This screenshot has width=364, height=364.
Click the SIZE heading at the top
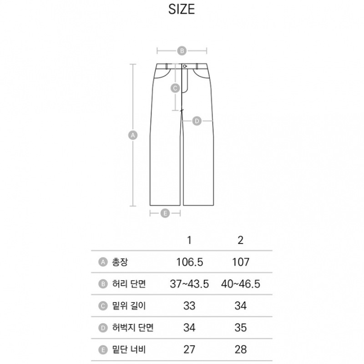click(x=182, y=10)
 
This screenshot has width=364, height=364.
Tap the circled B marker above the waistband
click(x=182, y=51)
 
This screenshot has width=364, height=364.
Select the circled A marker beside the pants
click(x=133, y=135)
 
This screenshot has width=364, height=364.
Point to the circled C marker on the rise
click(x=175, y=88)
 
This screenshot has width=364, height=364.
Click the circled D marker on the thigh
click(x=197, y=121)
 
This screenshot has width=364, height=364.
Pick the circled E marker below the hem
click(x=165, y=213)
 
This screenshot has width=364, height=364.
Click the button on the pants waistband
click(x=185, y=66)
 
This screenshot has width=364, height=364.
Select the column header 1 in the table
click(x=189, y=240)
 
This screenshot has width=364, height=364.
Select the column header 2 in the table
click(x=241, y=240)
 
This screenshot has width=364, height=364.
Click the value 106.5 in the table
click(x=190, y=262)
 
